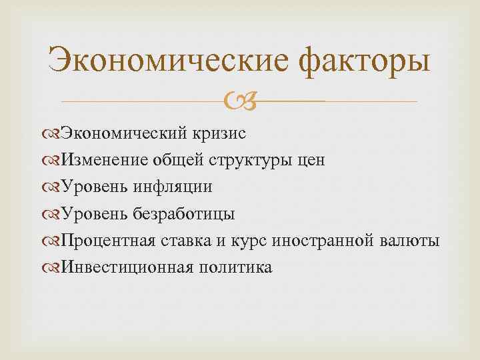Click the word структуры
pyautogui.click(x=251, y=161)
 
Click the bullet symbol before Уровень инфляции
pyautogui.click(x=53, y=187)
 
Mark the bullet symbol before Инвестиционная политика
pyautogui.click(x=53, y=267)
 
